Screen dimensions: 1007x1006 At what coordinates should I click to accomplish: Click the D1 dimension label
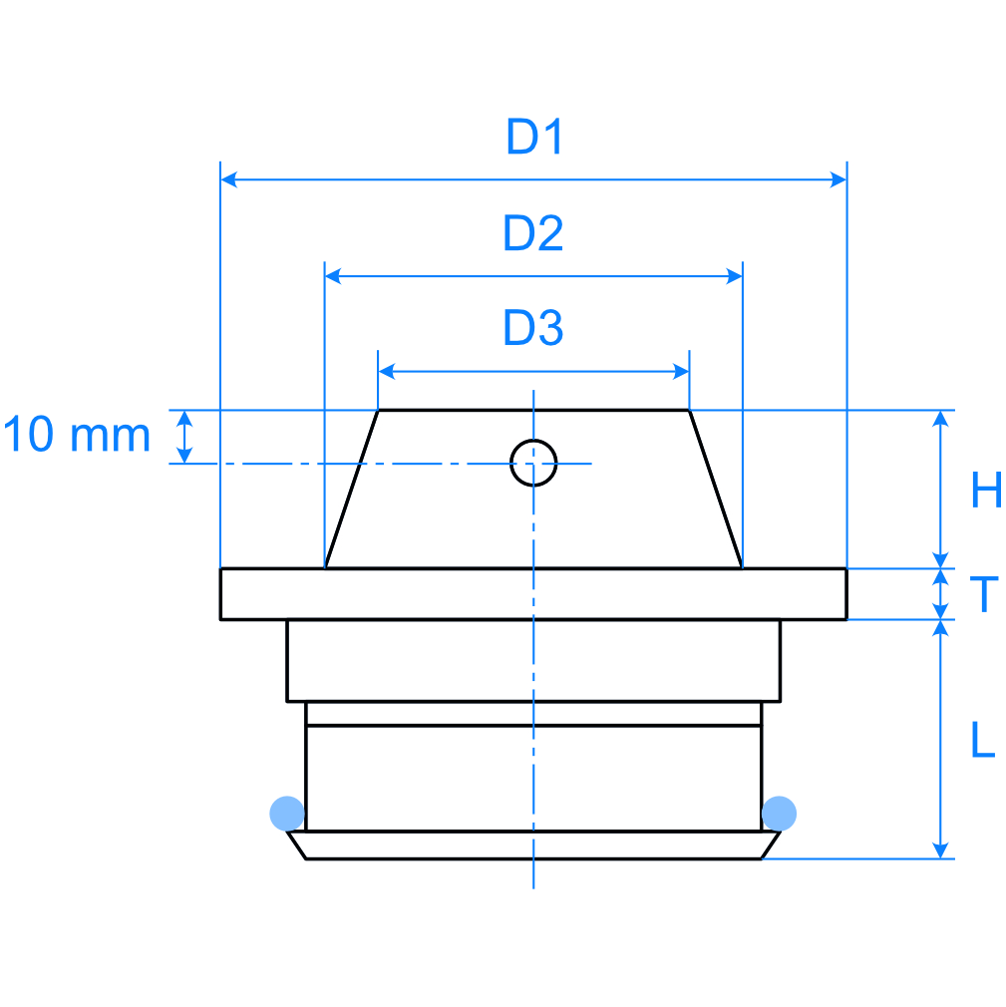(535, 138)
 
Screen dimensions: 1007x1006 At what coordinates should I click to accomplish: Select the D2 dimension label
(533, 233)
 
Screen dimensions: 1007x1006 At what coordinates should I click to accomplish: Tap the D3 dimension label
(533, 328)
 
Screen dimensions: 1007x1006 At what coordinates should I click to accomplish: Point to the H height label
(985, 492)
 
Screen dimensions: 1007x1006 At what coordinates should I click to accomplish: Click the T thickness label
(984, 594)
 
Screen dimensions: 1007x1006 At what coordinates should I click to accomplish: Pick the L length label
(983, 740)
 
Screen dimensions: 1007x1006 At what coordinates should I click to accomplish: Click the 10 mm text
(77, 436)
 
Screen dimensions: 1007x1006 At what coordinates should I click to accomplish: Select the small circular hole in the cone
(533, 463)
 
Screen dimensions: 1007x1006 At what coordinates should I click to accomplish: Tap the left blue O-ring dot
(287, 813)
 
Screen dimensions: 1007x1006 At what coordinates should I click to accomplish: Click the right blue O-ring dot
(779, 813)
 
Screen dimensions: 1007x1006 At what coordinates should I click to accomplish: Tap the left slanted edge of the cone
(352, 489)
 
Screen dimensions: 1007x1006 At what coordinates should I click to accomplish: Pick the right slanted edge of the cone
(716, 489)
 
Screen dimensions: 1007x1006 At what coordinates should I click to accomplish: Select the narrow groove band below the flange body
(533, 714)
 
